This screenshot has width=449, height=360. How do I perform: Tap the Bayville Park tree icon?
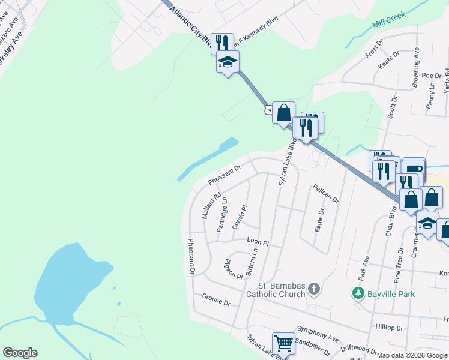pyautogui.click(x=358, y=293)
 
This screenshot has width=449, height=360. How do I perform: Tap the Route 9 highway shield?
pyautogui.click(x=267, y=110)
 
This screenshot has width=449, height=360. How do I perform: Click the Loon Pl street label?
pyautogui.click(x=258, y=242)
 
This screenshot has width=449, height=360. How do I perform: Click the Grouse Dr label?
pyautogui.click(x=216, y=299)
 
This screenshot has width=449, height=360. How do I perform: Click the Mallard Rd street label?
pyautogui.click(x=212, y=205)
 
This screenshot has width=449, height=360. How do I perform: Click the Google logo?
pyautogui.click(x=20, y=353)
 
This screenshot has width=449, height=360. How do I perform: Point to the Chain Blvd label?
pyautogui.click(x=390, y=222)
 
